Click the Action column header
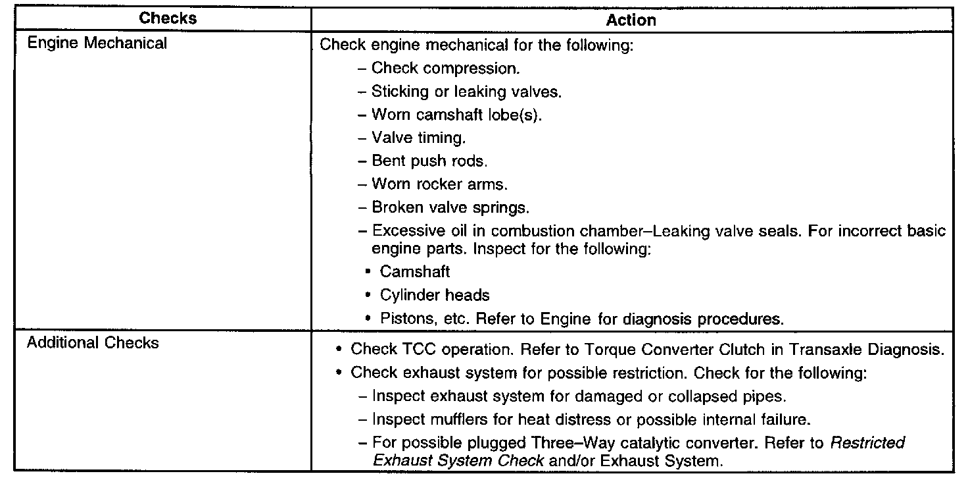631,20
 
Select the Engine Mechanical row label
97,44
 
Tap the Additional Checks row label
93,343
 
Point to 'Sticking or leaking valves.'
466,92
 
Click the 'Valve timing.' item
427,138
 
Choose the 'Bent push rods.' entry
429,161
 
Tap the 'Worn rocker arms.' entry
439,184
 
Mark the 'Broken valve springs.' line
450,207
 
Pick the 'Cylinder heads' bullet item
434,296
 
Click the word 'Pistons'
404,319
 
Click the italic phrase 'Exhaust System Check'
458,461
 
